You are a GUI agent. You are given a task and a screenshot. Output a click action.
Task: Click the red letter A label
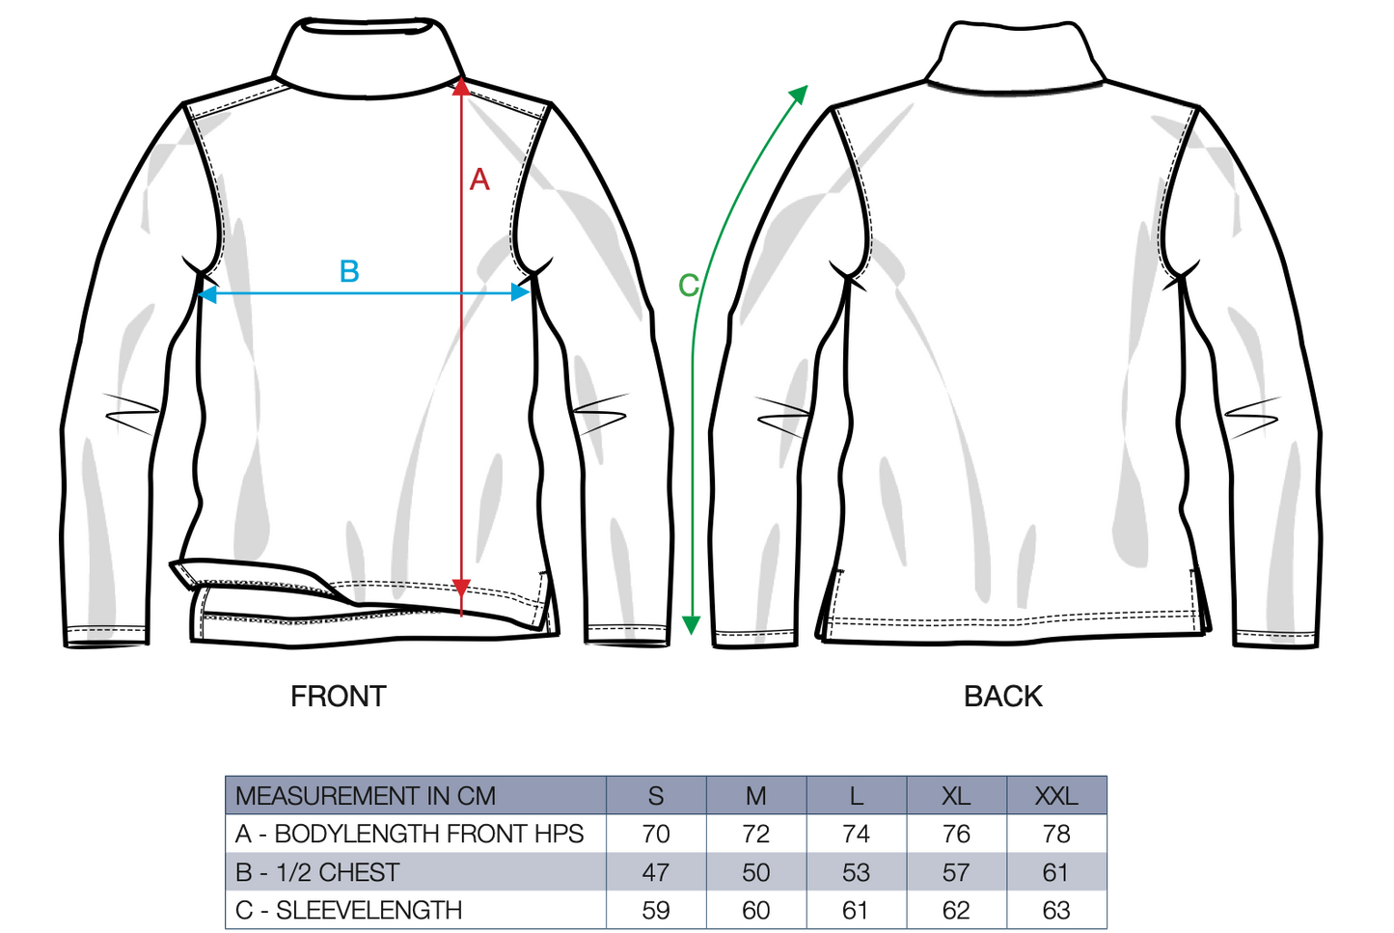tap(479, 179)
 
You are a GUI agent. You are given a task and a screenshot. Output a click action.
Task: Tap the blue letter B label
tap(349, 271)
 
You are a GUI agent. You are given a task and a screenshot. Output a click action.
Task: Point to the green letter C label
tap(688, 286)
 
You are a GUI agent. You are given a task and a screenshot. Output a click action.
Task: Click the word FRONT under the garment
tap(339, 696)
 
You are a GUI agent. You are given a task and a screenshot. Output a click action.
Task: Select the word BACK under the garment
tap(1002, 696)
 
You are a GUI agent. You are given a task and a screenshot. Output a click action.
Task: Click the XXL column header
tap(1056, 796)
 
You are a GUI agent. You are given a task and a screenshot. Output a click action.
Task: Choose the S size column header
tap(656, 796)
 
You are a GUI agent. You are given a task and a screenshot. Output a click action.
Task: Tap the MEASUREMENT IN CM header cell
tap(366, 796)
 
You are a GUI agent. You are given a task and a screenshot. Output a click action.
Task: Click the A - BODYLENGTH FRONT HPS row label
tap(409, 834)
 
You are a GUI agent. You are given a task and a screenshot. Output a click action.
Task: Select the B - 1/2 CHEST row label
tap(317, 872)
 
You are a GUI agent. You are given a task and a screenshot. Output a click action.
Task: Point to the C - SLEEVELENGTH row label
tap(348, 910)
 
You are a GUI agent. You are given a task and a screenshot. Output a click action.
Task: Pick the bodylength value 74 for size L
tap(856, 834)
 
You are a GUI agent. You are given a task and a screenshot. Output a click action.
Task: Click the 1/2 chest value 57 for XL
tap(956, 872)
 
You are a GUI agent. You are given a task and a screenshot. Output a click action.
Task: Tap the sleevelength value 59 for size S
tap(656, 910)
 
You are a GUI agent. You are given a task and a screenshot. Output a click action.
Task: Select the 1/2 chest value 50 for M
tap(756, 872)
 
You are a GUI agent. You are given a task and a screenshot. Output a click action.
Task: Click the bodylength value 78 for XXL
tap(1056, 834)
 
